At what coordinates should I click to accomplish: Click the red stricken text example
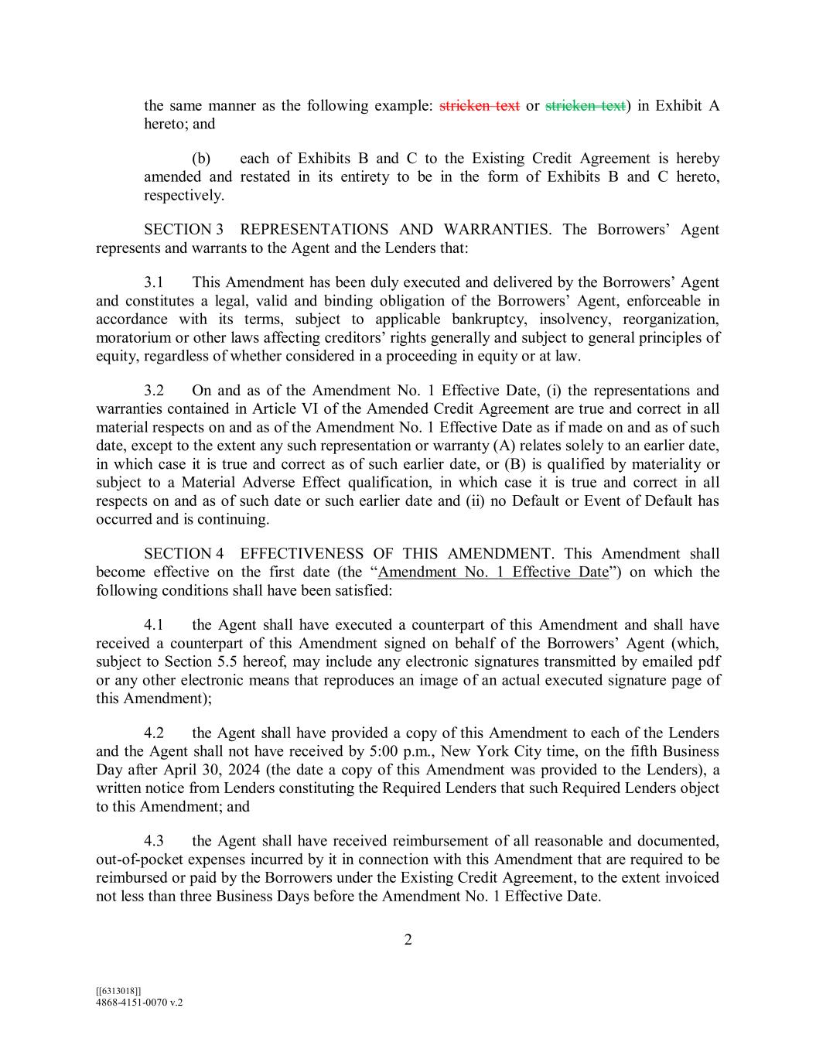479,106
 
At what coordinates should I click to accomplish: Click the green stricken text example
585,106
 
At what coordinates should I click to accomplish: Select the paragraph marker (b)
201,159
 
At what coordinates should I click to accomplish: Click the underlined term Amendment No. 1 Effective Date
493,572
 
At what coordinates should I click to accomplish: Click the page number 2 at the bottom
408,941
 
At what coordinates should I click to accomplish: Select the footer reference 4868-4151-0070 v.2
139,1002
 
